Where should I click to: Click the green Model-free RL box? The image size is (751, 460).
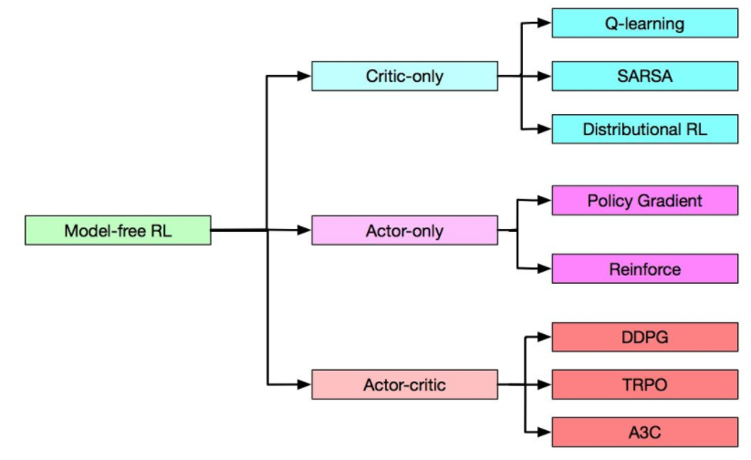click(x=118, y=230)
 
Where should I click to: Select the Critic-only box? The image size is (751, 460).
click(x=404, y=76)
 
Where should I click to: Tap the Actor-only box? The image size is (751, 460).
click(x=404, y=230)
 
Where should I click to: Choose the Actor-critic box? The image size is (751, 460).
click(x=404, y=384)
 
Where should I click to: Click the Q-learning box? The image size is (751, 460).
click(x=644, y=23)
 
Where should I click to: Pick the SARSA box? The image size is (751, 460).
click(x=644, y=76)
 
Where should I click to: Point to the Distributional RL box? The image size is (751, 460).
click(x=644, y=129)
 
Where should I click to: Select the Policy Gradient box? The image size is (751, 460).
click(x=644, y=200)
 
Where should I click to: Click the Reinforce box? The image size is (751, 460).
click(x=644, y=268)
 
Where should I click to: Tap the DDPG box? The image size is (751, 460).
click(x=644, y=337)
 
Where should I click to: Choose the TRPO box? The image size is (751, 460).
click(x=644, y=384)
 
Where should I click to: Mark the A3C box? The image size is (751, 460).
click(x=644, y=431)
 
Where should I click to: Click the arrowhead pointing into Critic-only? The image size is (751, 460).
click(x=304, y=76)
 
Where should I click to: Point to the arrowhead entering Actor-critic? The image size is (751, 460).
click(x=304, y=384)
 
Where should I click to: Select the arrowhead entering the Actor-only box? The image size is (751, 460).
click(x=304, y=230)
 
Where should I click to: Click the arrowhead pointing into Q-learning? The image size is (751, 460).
click(x=545, y=23)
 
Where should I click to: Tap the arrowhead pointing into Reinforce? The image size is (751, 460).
click(x=545, y=268)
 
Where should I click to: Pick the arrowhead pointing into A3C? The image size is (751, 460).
click(x=545, y=431)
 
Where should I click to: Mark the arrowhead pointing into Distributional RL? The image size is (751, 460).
click(x=545, y=129)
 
